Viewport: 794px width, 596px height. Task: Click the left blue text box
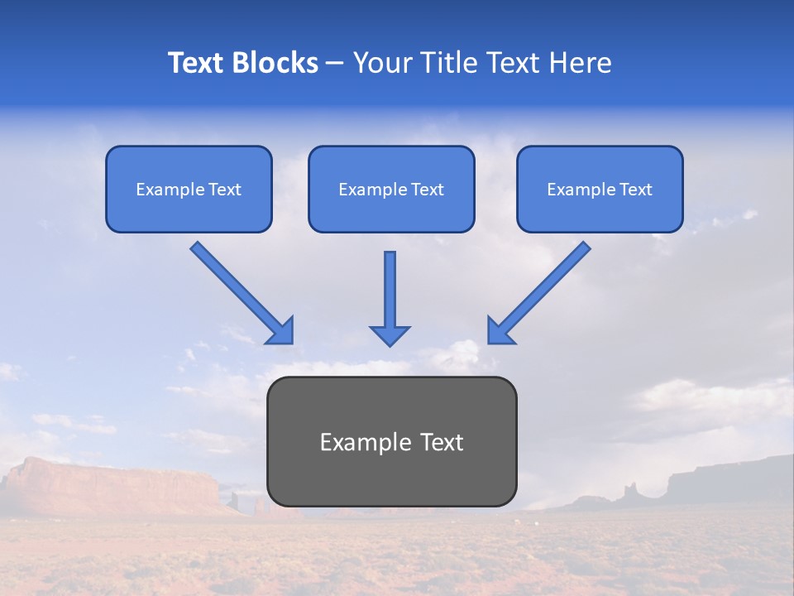(189, 189)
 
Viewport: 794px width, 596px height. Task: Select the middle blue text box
(391, 189)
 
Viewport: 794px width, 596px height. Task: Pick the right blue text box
(600, 189)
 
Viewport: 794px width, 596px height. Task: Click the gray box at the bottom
(392, 441)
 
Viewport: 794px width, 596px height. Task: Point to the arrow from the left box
(240, 291)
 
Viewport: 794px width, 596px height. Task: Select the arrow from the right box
(542, 290)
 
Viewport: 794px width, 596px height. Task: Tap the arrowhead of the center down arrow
(390, 335)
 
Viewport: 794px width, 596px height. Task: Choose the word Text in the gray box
(442, 442)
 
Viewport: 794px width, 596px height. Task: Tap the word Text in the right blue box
(636, 190)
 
